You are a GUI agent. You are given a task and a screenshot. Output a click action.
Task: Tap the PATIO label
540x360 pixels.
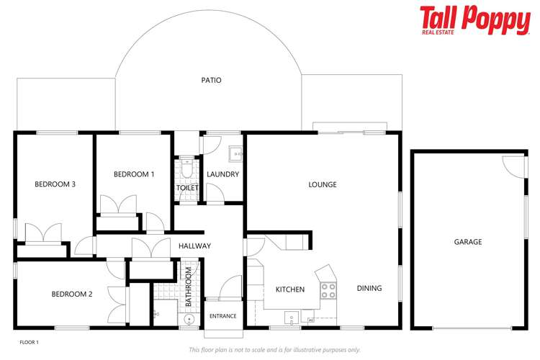point(211,80)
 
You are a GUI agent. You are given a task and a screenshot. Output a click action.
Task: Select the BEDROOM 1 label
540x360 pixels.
point(134,174)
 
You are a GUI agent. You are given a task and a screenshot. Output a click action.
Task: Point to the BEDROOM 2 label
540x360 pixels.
point(71,294)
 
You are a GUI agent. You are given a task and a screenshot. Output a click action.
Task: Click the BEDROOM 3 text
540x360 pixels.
point(55,184)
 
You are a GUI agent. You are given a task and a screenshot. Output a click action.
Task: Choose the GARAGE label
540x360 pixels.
point(467,242)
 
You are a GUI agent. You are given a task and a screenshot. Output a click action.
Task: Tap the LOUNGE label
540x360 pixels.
point(323,185)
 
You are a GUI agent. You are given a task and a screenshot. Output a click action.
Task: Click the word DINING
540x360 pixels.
point(369,289)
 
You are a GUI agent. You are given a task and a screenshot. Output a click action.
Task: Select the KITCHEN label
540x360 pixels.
point(290,289)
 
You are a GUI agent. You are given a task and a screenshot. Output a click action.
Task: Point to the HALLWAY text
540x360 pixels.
point(194,246)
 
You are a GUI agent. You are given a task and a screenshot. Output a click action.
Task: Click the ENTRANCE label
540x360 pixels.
point(222,316)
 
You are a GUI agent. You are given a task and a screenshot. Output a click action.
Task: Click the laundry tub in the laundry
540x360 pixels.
point(235,153)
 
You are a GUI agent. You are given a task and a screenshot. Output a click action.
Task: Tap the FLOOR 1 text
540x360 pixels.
point(28,342)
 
